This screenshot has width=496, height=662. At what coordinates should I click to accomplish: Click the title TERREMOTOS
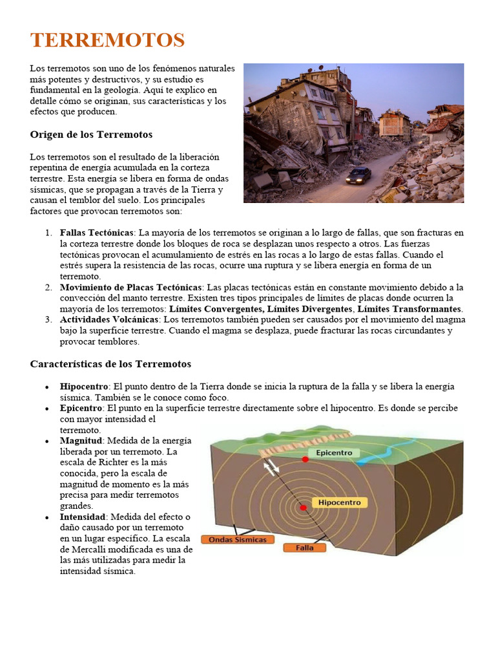pos(107,40)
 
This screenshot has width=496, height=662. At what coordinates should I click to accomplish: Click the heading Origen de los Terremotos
pos(91,134)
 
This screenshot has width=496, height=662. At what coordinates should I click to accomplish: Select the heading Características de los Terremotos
pos(110,364)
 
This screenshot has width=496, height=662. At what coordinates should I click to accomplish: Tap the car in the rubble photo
pos(358,175)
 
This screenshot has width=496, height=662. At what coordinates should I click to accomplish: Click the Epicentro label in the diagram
pos(335,453)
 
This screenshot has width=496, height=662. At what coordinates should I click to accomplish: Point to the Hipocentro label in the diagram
pos(340,502)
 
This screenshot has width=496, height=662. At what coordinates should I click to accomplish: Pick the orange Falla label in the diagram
pos(304,548)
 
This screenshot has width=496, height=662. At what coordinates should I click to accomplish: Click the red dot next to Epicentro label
pos(305,459)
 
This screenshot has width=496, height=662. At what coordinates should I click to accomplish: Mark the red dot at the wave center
pos(303,507)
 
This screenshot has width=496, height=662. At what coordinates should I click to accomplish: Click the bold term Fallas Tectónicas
pos(96,232)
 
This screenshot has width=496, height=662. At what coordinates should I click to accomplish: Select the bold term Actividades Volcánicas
pos(108,319)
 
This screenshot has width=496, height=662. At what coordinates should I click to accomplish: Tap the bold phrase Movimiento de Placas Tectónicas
pos(131,287)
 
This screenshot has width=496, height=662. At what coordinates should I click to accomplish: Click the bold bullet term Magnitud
pos(81,440)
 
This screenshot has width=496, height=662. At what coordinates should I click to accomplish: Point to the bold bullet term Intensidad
pos(83,517)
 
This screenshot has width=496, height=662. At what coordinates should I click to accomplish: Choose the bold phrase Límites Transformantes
pos(409,309)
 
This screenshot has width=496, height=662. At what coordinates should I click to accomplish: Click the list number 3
pos(48,319)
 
